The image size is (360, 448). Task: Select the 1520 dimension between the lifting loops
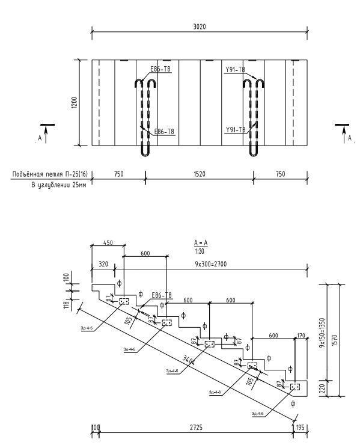(199, 174)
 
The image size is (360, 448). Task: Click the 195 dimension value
(301, 428)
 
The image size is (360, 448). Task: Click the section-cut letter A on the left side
(39, 138)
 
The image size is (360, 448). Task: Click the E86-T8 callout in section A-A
(162, 295)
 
